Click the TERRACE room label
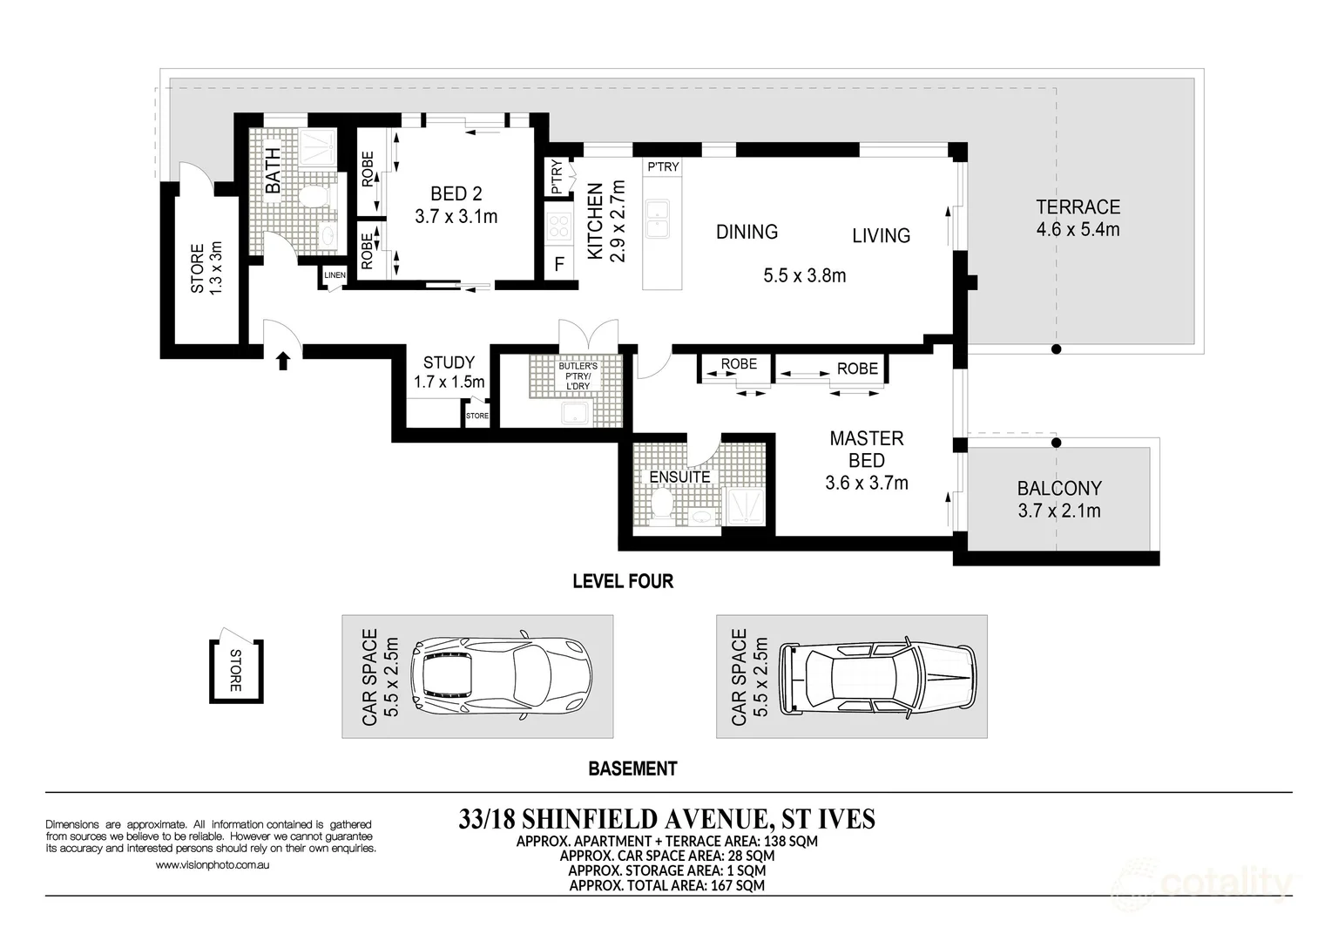pyautogui.click(x=1078, y=208)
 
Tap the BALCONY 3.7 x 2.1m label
pyautogui.click(x=1059, y=499)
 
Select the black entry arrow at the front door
pyautogui.click(x=282, y=360)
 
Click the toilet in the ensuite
pyautogui.click(x=662, y=507)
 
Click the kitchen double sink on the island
pyautogui.click(x=657, y=218)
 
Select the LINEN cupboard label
pyautogui.click(x=334, y=275)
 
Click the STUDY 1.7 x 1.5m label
pyautogui.click(x=449, y=372)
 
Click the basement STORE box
pyautogui.click(x=235, y=670)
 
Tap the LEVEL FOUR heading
pyautogui.click(x=623, y=581)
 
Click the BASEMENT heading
pyautogui.click(x=632, y=768)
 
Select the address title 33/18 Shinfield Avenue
pyautogui.click(x=666, y=819)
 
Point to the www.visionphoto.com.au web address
pyautogui.click(x=212, y=865)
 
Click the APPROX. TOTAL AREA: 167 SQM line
pyautogui.click(x=666, y=885)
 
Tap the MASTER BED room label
pyautogui.click(x=867, y=450)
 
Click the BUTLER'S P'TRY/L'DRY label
pyautogui.click(x=578, y=376)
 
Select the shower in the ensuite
pyautogui.click(x=746, y=506)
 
